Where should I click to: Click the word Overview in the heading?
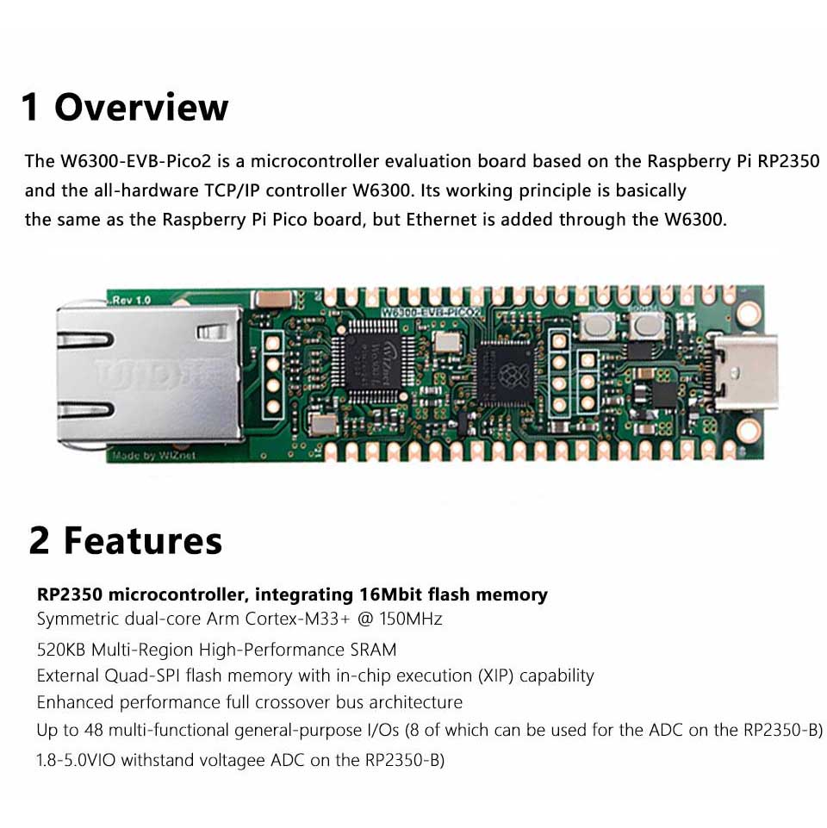(141, 107)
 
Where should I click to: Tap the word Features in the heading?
(143, 541)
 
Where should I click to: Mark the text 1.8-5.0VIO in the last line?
(76, 760)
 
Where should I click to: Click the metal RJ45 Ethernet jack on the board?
(150, 374)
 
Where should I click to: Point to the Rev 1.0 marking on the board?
(130, 300)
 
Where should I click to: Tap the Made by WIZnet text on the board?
(153, 456)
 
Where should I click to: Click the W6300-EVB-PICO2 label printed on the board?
(431, 312)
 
